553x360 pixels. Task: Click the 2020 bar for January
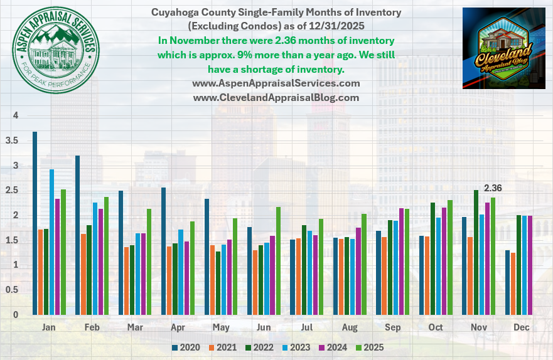coord(35,223)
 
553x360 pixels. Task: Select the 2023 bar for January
coord(52,242)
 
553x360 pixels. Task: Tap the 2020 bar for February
coord(78,235)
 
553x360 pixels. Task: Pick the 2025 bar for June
coord(277,261)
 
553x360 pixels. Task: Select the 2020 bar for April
coord(164,251)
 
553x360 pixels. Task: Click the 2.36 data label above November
coord(493,188)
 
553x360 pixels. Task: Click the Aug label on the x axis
coord(349,327)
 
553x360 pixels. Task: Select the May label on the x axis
coord(220,327)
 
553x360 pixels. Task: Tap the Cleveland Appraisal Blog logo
coord(503,48)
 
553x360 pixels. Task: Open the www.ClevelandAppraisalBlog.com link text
coord(276,98)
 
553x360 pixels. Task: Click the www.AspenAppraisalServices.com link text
coord(276,83)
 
